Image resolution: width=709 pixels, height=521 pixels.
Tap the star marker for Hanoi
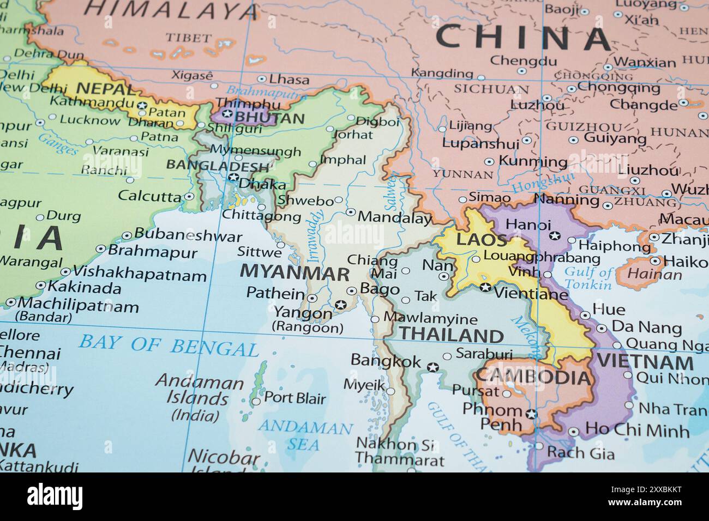click(x=555, y=235)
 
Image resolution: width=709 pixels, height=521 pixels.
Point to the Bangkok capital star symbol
click(x=433, y=367)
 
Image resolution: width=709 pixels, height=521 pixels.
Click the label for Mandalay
click(x=395, y=218)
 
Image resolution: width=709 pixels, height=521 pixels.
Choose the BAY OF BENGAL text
click(x=169, y=345)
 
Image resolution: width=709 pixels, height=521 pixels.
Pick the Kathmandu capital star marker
click(x=142, y=105)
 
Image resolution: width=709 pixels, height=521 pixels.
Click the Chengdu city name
click(x=524, y=60)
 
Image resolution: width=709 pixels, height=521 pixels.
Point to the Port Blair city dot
click(x=256, y=401)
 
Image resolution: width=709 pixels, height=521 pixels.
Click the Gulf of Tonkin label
click(x=588, y=278)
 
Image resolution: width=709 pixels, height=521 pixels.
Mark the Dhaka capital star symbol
click(x=233, y=177)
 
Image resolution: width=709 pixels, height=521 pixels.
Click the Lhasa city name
click(x=290, y=79)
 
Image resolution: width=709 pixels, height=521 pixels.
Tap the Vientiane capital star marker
click(x=485, y=287)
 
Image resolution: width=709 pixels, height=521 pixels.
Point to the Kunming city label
click(x=533, y=161)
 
